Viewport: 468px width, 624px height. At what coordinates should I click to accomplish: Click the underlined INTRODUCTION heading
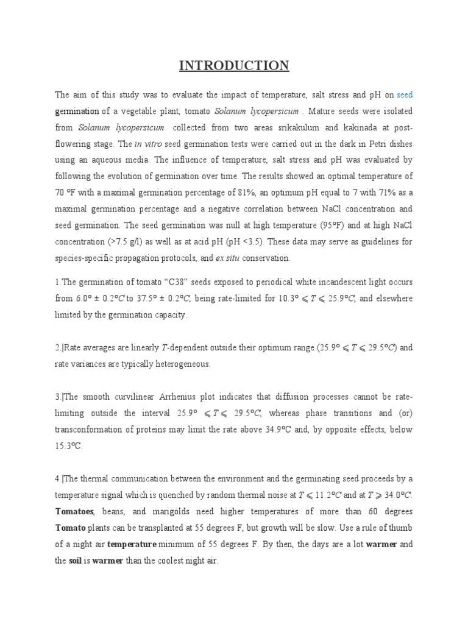click(234, 65)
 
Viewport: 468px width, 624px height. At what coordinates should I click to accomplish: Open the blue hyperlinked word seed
click(405, 95)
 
